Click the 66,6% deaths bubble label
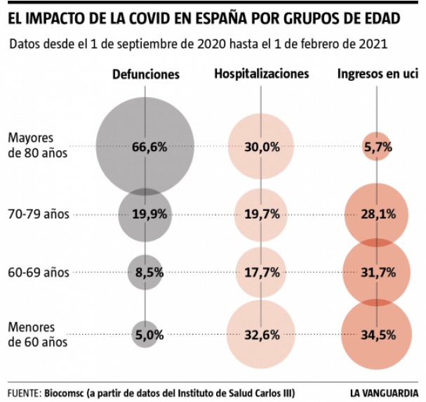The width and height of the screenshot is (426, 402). [149, 147]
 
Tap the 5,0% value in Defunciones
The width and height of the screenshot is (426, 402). [149, 335]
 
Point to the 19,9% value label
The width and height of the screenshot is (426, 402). [149, 214]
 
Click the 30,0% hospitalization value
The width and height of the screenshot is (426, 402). [262, 147]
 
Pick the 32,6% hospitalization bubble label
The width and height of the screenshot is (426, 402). [262, 335]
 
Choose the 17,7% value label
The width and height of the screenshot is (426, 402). [262, 272]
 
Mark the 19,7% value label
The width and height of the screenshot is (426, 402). [262, 214]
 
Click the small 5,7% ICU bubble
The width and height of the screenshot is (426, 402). [378, 147]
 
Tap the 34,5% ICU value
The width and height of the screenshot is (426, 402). [378, 335]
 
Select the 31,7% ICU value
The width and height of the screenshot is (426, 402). [378, 272]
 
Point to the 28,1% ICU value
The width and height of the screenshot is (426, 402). [378, 214]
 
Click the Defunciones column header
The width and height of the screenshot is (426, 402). [146, 74]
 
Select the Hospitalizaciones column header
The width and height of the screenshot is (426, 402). [261, 74]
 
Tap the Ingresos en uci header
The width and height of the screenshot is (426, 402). [377, 74]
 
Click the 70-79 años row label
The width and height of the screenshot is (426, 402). [38, 214]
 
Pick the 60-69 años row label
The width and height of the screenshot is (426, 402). [38, 272]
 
